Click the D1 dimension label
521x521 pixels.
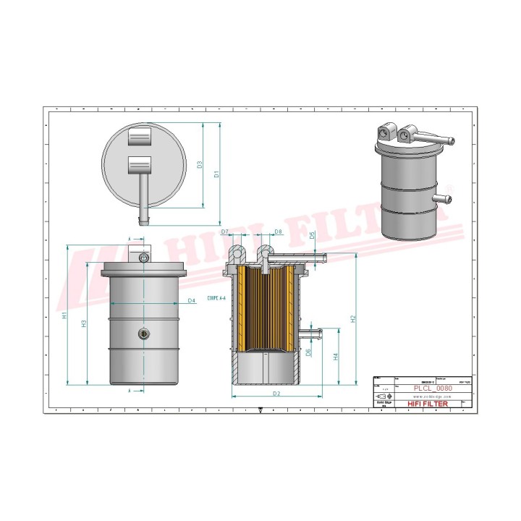click(216, 174)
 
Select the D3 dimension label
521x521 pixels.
click(199, 164)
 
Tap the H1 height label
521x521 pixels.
click(65, 315)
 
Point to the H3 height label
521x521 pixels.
click(85, 323)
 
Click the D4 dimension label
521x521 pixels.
click(191, 300)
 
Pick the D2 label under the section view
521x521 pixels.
click(276, 393)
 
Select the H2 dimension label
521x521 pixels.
click(352, 318)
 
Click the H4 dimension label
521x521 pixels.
click(335, 356)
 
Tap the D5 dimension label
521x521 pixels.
click(312, 235)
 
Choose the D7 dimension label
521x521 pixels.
click(225, 232)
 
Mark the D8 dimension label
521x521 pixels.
click(279, 232)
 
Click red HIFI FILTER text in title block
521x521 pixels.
click(428, 404)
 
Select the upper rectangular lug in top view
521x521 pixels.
click(139, 136)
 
